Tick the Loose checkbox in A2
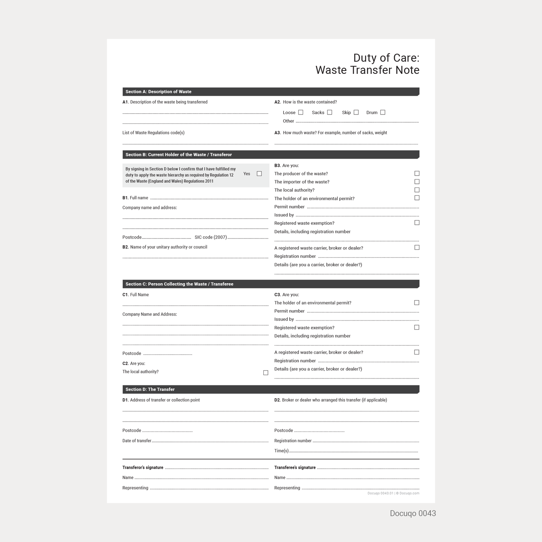pos(300,112)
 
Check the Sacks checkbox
pos(329,112)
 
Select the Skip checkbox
pos(356,112)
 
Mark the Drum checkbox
pos(383,112)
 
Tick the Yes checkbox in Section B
pos(259,174)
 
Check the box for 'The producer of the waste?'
pos(417,173)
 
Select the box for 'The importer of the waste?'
pos(417,182)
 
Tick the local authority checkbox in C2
pos(266,372)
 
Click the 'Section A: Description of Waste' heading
pos(158,92)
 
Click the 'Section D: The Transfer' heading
pos(150,389)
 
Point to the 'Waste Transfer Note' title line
pos(367,70)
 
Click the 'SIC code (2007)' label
pos(210,237)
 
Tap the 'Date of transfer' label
pos(137,441)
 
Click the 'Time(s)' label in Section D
pos(281,451)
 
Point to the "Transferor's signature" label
pos(143,467)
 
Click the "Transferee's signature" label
pos(295,467)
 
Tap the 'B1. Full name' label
pos(135,198)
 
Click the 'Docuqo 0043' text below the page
pos(413,513)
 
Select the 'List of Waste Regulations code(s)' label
pos(153,133)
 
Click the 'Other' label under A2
pos(288,121)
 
